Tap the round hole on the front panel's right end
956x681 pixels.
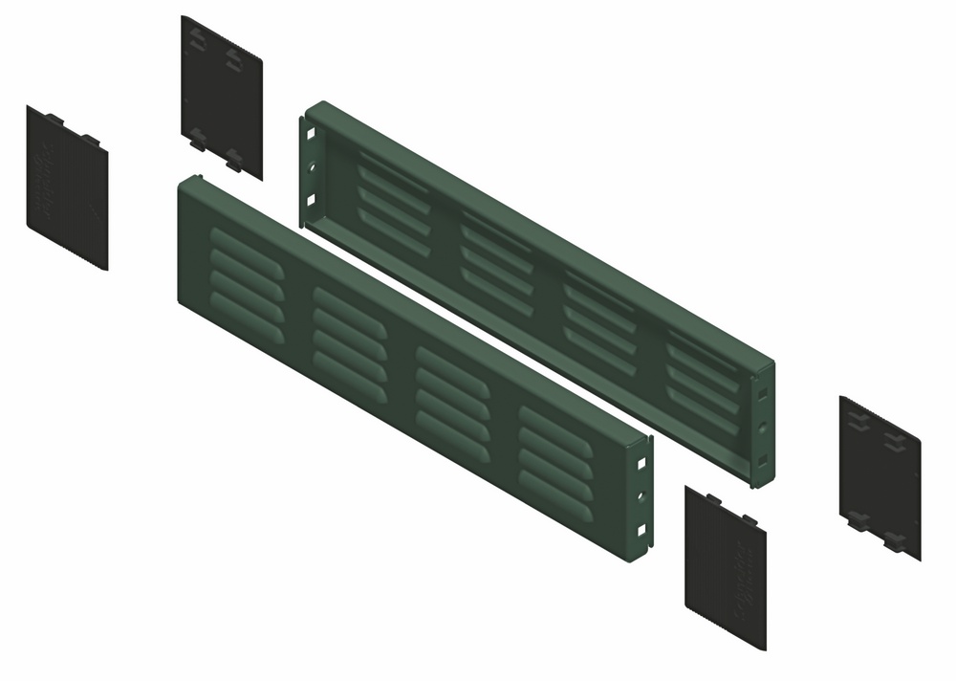click(641, 496)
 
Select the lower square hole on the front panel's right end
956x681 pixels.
click(641, 530)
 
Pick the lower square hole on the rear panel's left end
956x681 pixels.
click(311, 200)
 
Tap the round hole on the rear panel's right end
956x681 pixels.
click(761, 427)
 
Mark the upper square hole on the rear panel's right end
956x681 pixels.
click(761, 393)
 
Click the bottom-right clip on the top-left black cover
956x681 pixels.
click(233, 158)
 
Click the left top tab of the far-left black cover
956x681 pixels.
click(54, 119)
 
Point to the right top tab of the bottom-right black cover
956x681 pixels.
click(749, 521)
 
